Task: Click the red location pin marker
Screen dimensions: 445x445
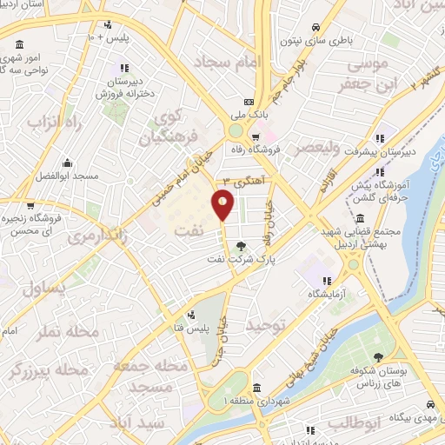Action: click(x=223, y=203)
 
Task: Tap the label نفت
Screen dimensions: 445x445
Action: click(x=193, y=230)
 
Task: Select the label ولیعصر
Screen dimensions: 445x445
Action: click(x=317, y=149)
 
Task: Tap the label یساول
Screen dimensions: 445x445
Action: click(x=46, y=289)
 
